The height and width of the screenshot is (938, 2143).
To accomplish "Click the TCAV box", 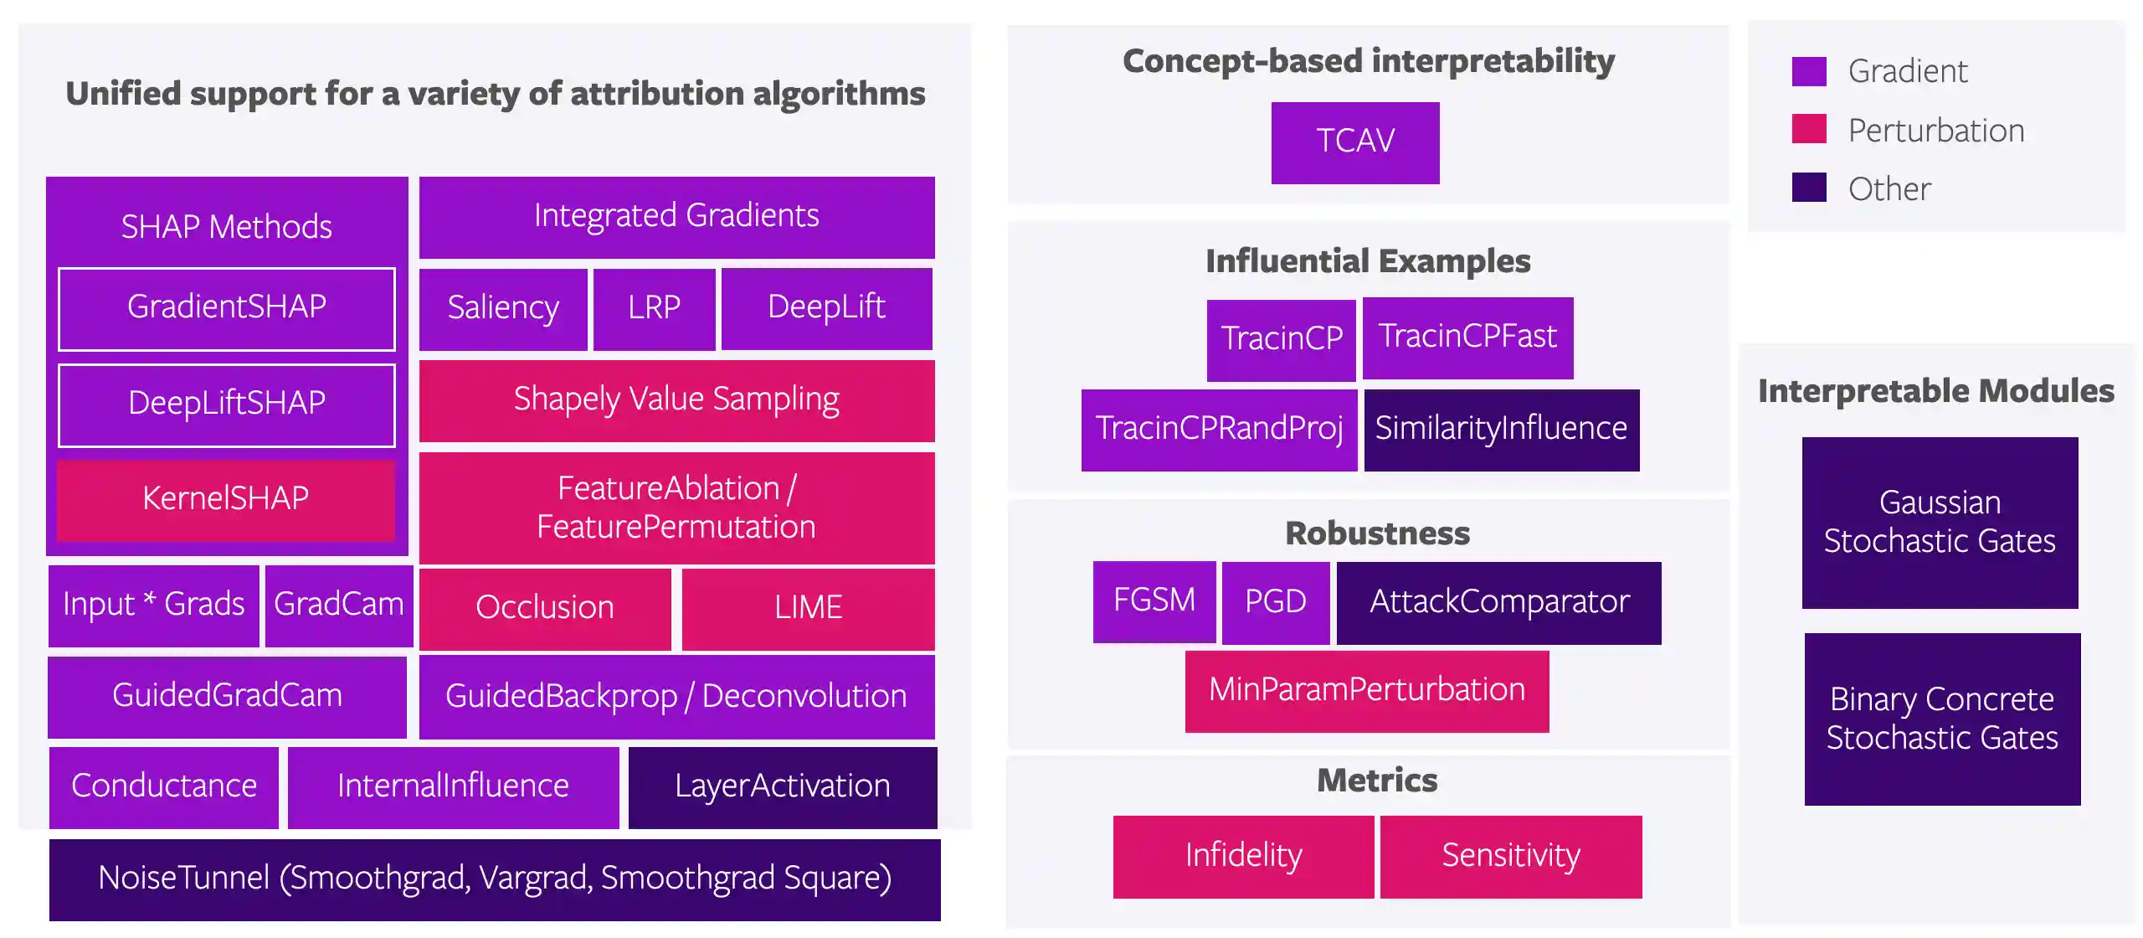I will tap(1354, 142).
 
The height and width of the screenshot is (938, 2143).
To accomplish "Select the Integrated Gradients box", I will tap(676, 217).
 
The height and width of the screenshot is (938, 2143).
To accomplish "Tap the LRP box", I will tap(654, 308).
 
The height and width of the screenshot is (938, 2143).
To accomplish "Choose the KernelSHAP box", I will tap(226, 499).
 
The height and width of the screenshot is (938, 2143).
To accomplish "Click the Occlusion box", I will tap(545, 609).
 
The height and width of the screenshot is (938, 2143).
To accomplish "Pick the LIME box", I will tap(808, 609).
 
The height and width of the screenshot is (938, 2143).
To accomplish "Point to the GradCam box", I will tap(338, 606).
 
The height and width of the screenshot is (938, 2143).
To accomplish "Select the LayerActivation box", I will tap(782, 787).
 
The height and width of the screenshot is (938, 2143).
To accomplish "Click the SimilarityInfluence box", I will tap(1501, 430).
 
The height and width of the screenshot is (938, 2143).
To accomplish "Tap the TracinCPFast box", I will tap(1467, 338).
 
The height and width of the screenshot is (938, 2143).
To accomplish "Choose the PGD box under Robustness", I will tap(1275, 602).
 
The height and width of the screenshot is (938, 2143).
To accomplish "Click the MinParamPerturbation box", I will tap(1366, 691).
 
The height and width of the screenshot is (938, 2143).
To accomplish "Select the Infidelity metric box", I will tap(1243, 857).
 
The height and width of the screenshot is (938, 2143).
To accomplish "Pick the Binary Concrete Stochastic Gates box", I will tap(1941, 719).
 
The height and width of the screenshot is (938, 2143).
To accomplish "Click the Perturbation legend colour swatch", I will tap(1808, 130).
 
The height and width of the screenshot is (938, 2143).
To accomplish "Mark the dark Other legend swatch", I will tap(1808, 188).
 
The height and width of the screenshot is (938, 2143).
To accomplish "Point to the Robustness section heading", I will tap(1377, 533).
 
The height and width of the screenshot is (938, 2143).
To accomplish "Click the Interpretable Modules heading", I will tap(1935, 391).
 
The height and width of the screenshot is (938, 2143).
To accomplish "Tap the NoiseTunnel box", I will tap(494, 879).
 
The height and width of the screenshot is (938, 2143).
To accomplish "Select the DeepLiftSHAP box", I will tap(226, 405).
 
